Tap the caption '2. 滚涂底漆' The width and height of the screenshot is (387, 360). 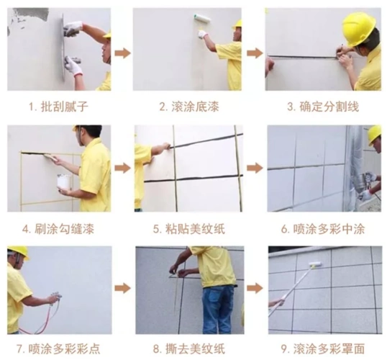(x=188, y=107)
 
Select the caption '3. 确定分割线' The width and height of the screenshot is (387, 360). (x=322, y=107)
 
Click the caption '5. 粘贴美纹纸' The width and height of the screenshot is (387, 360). (x=188, y=229)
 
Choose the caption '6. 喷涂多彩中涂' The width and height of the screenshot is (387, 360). (x=323, y=229)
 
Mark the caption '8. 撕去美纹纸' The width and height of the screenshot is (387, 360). (x=188, y=348)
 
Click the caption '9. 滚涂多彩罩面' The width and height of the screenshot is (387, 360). (x=323, y=348)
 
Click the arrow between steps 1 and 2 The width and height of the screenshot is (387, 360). (x=123, y=53)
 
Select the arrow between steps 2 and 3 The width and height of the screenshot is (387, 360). (x=255, y=53)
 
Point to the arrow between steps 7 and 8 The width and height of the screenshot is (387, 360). (x=123, y=288)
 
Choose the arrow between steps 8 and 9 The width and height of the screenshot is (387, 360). (x=255, y=288)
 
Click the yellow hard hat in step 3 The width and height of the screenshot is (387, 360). (x=358, y=27)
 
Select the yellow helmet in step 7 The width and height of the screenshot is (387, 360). (x=19, y=251)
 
